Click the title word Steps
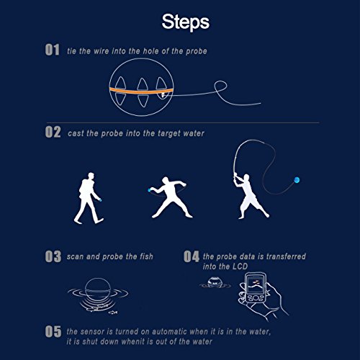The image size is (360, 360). (186, 22)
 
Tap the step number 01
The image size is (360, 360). (53, 50)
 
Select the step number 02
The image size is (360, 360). (53, 132)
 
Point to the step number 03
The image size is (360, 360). (53, 256)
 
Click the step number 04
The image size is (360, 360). (192, 256)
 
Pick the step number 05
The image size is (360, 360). (53, 331)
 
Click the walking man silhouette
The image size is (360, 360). (89, 198)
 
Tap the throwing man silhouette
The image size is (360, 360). (169, 197)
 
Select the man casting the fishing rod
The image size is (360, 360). (251, 197)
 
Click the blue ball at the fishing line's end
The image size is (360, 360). (297, 180)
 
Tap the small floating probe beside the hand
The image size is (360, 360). (215, 283)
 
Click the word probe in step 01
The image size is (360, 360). (197, 51)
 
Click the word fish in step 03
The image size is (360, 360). (146, 256)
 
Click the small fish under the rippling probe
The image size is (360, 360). (113, 312)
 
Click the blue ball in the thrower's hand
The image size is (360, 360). (149, 190)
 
